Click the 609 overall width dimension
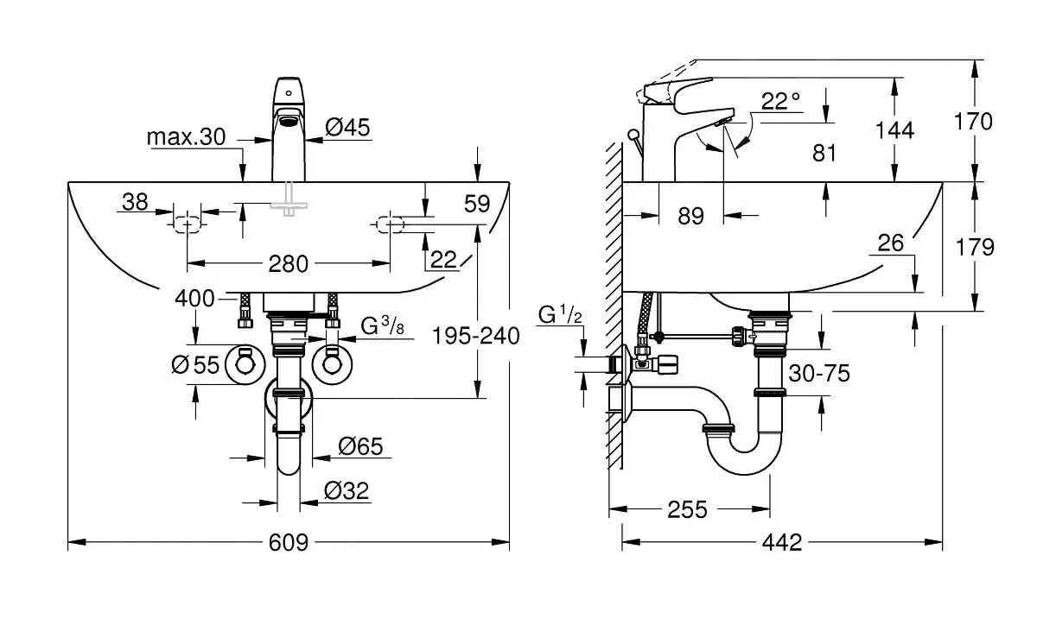point(289,542)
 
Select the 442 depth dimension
point(783,542)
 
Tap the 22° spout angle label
point(780,101)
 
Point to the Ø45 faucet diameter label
point(347,128)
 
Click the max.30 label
point(186,136)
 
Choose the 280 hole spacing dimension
point(289,263)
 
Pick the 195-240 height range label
point(477,335)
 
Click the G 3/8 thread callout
point(382,327)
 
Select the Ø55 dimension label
point(195,365)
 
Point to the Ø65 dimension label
point(360,446)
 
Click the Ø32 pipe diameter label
point(347,491)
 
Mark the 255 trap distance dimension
point(688,509)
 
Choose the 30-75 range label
point(819,373)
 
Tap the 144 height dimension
point(895,130)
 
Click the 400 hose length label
point(194,299)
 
